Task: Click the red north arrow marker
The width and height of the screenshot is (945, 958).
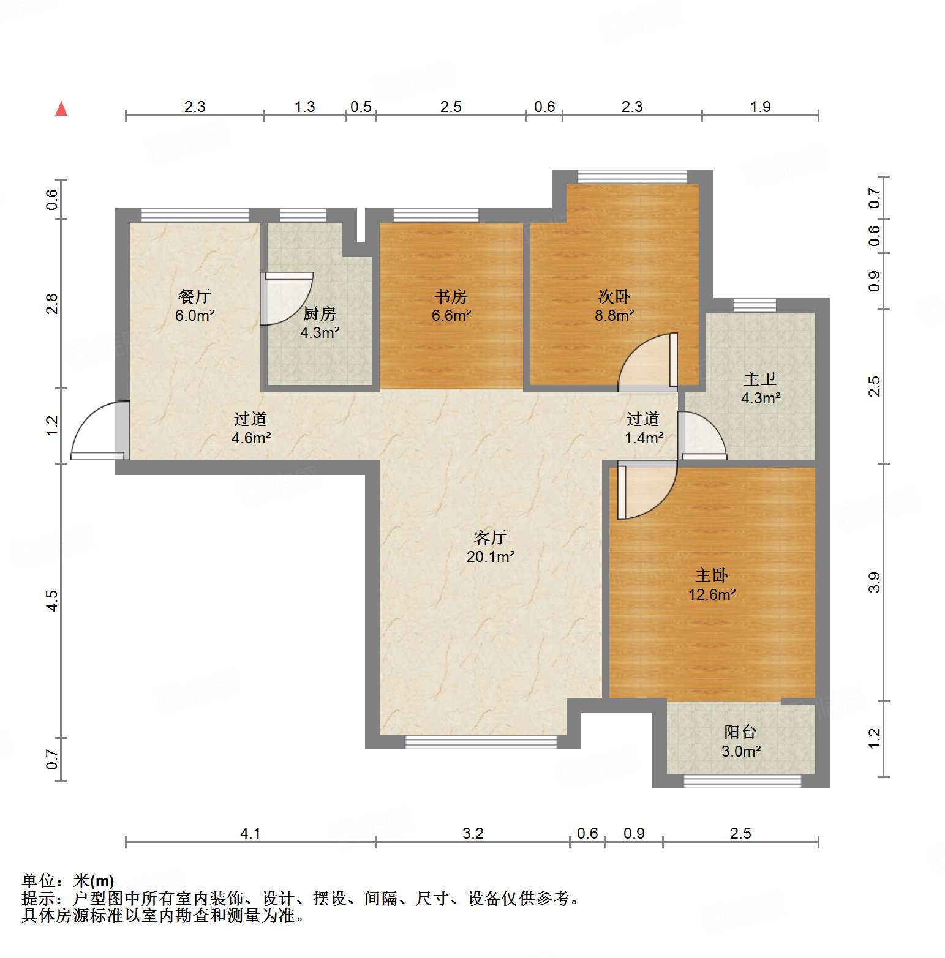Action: (x=61, y=109)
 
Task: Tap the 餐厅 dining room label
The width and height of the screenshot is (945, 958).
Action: (x=195, y=297)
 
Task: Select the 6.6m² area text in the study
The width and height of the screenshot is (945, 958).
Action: (x=451, y=316)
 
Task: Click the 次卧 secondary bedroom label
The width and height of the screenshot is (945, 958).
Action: (x=614, y=297)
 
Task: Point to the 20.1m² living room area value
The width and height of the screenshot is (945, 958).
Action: (x=490, y=557)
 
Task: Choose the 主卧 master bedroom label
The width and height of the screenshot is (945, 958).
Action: (x=712, y=575)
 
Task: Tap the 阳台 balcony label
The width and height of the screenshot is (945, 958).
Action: (x=740, y=732)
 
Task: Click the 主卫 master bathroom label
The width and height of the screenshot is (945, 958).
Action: (x=760, y=380)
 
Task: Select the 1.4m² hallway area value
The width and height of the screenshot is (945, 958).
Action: (x=644, y=438)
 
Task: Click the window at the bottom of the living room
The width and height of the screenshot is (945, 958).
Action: (x=481, y=742)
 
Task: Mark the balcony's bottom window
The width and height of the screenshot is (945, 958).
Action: (x=742, y=781)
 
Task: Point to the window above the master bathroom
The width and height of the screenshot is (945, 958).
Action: (x=755, y=305)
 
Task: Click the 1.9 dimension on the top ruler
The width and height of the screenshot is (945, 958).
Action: (x=760, y=107)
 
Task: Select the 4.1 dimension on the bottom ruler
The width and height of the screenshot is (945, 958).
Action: (x=250, y=833)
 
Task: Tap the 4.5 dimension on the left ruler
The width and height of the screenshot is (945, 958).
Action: (x=53, y=601)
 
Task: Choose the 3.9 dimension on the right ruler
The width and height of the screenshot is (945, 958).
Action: (x=874, y=582)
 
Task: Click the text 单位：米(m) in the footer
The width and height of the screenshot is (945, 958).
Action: (x=68, y=881)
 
